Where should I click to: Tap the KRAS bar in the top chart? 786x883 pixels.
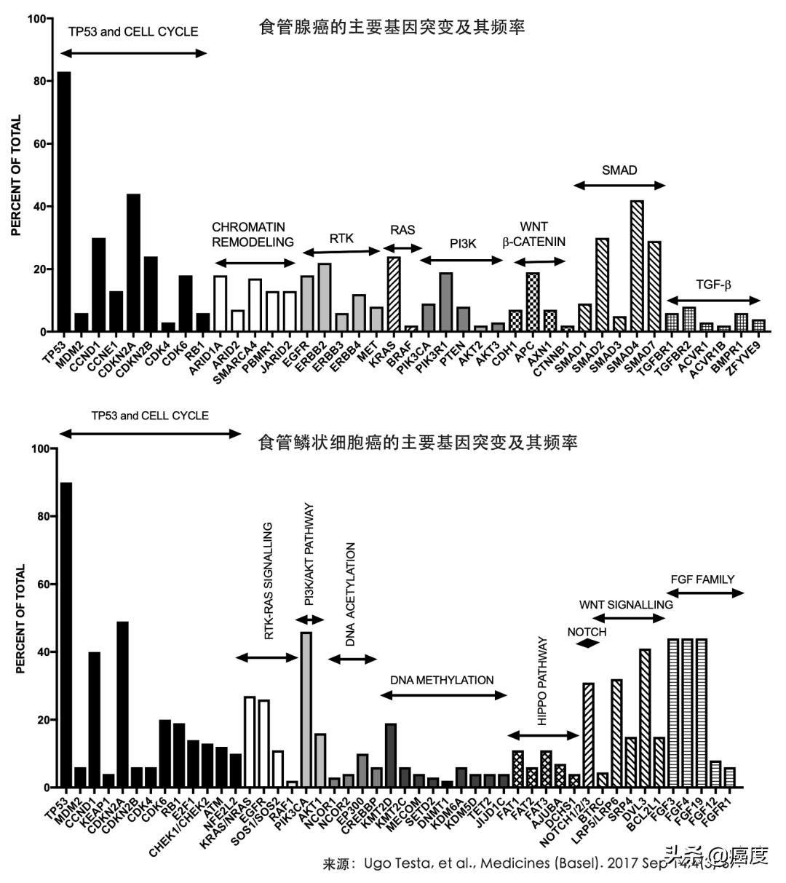pos(394,295)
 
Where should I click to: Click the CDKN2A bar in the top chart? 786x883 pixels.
pos(133,263)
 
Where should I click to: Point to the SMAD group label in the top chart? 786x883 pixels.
pos(619,170)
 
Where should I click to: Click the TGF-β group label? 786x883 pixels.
pos(713,284)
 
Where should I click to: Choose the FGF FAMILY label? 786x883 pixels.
pos(702,579)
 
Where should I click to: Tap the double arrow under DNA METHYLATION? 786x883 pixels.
pos(443,695)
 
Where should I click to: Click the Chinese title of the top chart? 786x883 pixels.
pos(392,28)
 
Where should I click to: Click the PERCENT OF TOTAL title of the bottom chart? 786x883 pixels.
pos(21,619)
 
